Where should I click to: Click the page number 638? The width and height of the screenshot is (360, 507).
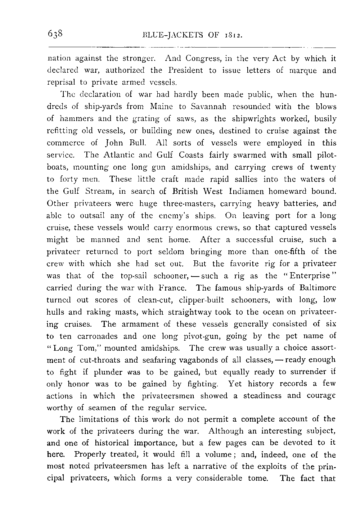click(x=55, y=34)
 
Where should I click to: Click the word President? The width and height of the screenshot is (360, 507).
click(x=192, y=70)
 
